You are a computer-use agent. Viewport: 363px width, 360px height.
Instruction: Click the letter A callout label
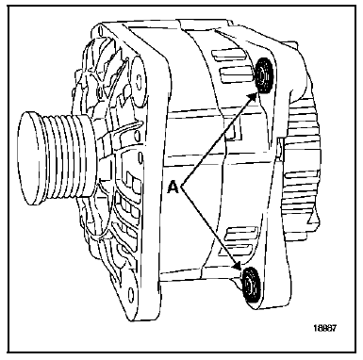[x=173, y=187]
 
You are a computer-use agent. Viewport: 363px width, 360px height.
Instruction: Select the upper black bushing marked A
[x=264, y=75]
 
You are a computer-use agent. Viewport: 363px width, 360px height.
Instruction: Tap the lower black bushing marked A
[x=251, y=284]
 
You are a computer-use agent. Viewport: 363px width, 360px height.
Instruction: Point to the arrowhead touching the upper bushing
[x=253, y=97]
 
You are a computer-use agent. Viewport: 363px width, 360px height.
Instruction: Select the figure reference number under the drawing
[x=324, y=328]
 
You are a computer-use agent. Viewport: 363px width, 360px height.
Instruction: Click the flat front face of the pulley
[x=31, y=158]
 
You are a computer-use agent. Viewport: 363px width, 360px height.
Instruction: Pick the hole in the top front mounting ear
[x=100, y=32]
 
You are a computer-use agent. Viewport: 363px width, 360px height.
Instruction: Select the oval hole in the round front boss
[x=138, y=81]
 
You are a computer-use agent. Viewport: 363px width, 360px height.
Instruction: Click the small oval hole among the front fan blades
[x=100, y=91]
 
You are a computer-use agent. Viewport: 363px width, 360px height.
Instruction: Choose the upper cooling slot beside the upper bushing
[x=229, y=54]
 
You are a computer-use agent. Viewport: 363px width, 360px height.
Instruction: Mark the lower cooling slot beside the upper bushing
[x=237, y=76]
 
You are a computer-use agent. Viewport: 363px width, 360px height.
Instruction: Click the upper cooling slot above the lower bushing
[x=241, y=232]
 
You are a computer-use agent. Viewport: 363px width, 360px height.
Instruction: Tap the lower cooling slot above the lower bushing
[x=242, y=247]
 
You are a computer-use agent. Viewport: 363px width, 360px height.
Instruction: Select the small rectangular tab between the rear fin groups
[x=282, y=147]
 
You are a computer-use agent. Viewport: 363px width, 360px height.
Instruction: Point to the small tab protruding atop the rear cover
[x=289, y=43]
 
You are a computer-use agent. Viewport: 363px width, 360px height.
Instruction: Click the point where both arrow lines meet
[x=181, y=186]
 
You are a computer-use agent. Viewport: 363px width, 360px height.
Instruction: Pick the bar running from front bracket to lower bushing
[x=201, y=277]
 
